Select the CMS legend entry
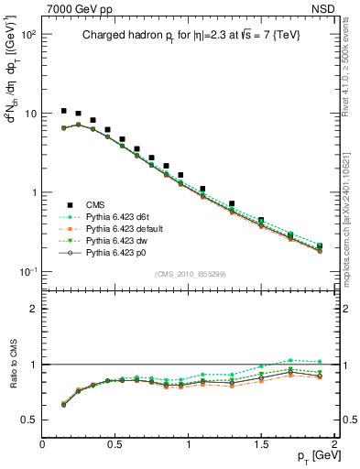tap(95, 204)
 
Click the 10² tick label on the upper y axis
tap(27, 34)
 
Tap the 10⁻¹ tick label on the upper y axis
tap(27, 272)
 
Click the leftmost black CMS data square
tap(63, 111)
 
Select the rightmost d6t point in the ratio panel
tap(320, 362)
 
